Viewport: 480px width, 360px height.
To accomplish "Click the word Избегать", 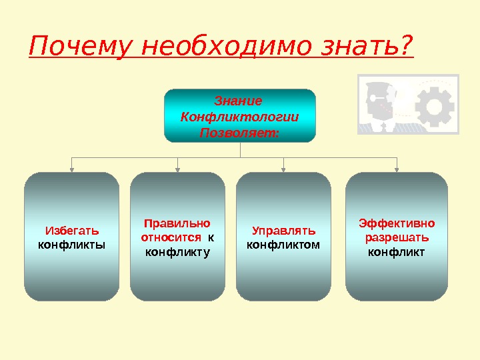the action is (72, 231).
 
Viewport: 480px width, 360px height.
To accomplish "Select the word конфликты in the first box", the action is (72, 245).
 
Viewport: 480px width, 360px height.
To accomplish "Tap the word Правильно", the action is (177, 223).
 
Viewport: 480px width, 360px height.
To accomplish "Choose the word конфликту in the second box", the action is (177, 251).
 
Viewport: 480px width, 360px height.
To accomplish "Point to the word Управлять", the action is (283, 231).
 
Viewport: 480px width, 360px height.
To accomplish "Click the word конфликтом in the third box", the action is (283, 245).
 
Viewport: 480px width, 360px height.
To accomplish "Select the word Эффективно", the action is (397, 223).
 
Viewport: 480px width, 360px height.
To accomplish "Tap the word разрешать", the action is (397, 237).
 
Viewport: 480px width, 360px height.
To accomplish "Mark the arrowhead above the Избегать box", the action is (72, 169).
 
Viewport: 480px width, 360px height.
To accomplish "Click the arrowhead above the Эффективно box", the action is (397, 169).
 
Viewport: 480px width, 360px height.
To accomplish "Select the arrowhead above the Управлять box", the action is (284, 169).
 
